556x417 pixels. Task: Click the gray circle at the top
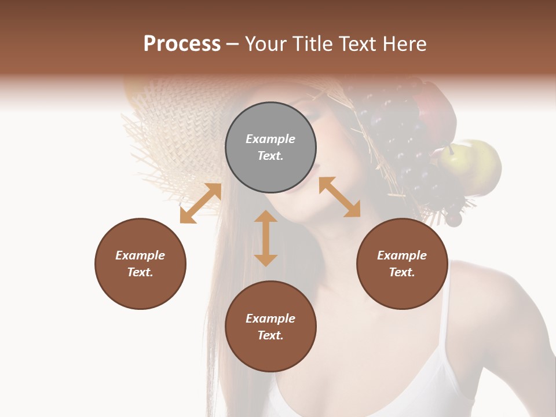click(x=270, y=148)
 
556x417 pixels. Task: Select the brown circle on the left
click(x=140, y=264)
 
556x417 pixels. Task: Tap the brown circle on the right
click(x=402, y=264)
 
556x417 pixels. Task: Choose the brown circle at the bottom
click(x=270, y=327)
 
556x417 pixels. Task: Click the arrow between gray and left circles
click(x=200, y=203)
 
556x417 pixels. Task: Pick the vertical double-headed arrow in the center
click(x=266, y=238)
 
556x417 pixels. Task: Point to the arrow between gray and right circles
click(x=339, y=197)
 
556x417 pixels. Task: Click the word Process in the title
click(x=182, y=44)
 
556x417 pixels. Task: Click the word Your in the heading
click(x=264, y=44)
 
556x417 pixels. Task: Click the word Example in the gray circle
click(x=270, y=139)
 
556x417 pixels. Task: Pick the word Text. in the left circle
click(x=140, y=272)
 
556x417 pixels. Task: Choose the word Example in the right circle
click(x=402, y=255)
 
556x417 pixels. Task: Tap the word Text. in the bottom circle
click(x=270, y=335)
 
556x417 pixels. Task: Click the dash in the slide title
click(x=233, y=45)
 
